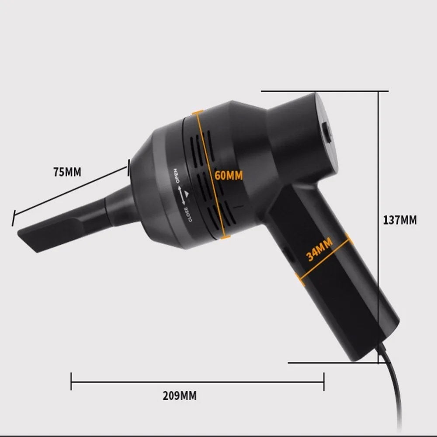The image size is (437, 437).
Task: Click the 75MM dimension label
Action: [67, 172]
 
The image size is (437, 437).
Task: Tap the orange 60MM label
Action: [229, 175]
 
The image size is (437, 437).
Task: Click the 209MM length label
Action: [180, 396]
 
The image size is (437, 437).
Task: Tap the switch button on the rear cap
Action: [326, 133]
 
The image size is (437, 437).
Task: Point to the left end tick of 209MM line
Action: [71, 381]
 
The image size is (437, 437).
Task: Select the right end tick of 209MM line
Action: [324, 381]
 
